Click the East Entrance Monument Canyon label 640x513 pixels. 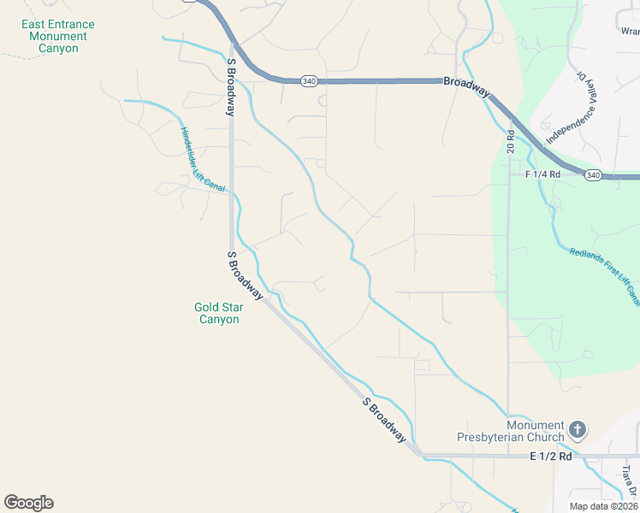click(57, 37)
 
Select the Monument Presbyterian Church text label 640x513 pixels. click(536, 432)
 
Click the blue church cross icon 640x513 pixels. click(578, 429)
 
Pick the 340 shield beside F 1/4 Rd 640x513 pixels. click(594, 174)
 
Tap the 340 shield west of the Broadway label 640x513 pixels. click(310, 81)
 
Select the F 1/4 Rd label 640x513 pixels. click(542, 174)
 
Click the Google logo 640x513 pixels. click(28, 503)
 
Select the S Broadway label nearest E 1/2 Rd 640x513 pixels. click(384, 420)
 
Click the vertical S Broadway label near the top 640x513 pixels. click(230, 88)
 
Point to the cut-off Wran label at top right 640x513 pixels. click(629, 31)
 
